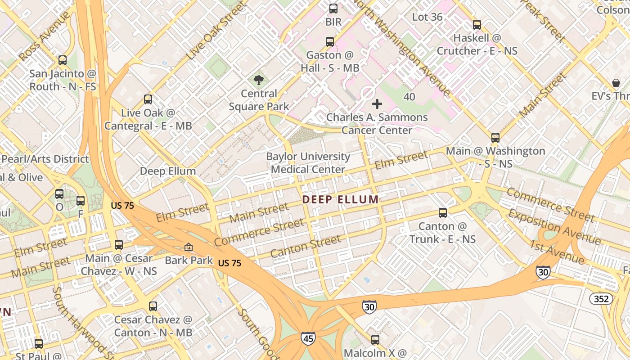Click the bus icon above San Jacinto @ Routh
63,60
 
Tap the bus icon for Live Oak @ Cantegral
148,99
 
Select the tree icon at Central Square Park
259,81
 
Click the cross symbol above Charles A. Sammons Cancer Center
377,104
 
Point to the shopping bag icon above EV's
616,83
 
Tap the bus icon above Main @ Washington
495,137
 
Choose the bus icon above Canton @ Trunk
443,212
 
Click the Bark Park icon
188,247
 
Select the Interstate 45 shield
308,338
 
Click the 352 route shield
601,298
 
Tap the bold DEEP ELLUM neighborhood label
340,199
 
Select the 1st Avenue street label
557,252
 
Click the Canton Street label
306,247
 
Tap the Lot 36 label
427,17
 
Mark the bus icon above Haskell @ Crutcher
477,25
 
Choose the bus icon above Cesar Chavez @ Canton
153,306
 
